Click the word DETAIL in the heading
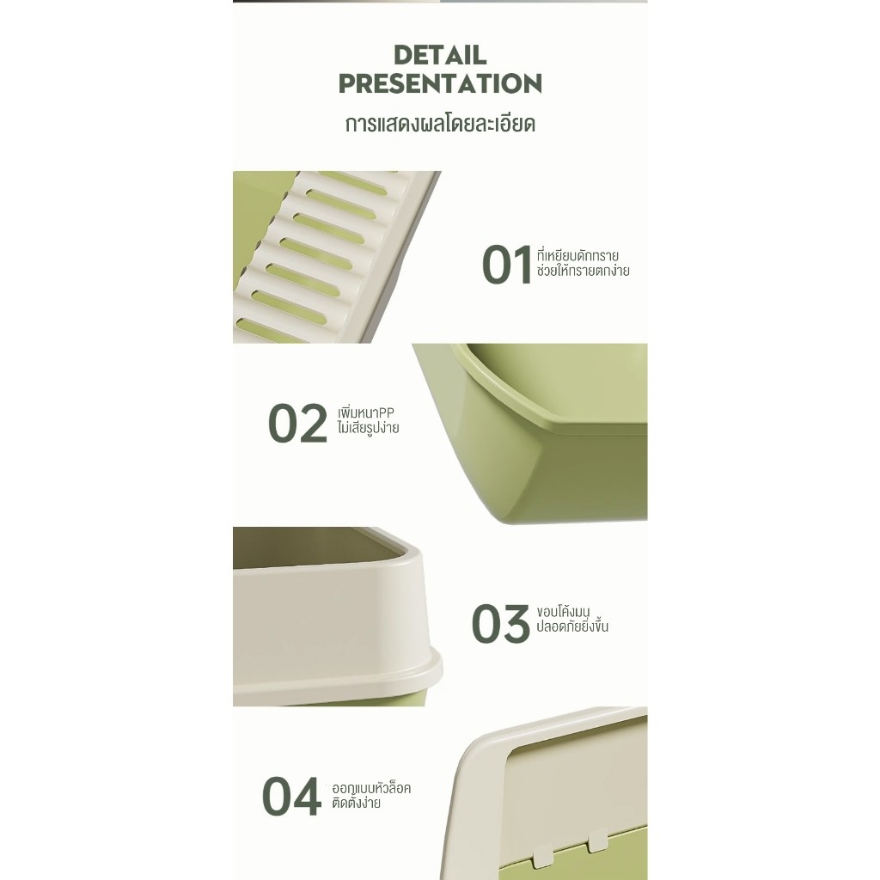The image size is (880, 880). coord(440,55)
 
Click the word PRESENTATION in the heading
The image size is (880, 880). coord(440,83)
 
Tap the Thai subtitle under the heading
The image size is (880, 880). coord(440,124)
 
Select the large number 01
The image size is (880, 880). coord(506,265)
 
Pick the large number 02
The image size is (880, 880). coord(297,423)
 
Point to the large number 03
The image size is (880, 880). coord(501,623)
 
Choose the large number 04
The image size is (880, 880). coord(291,796)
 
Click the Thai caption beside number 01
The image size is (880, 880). coord(583,263)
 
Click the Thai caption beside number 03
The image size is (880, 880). coord(571,619)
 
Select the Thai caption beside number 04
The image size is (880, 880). coord(371,795)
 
